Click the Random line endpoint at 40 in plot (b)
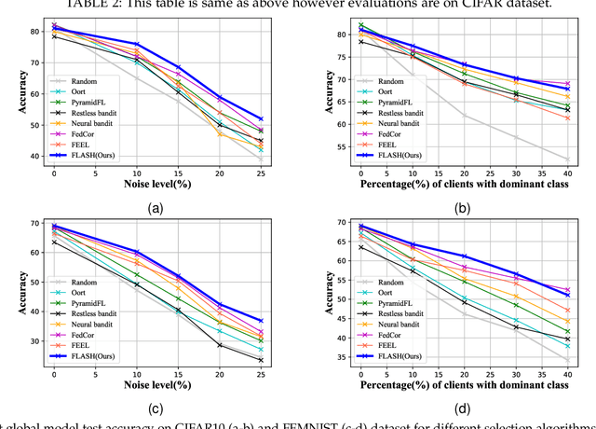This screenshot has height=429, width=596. click(567, 159)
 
